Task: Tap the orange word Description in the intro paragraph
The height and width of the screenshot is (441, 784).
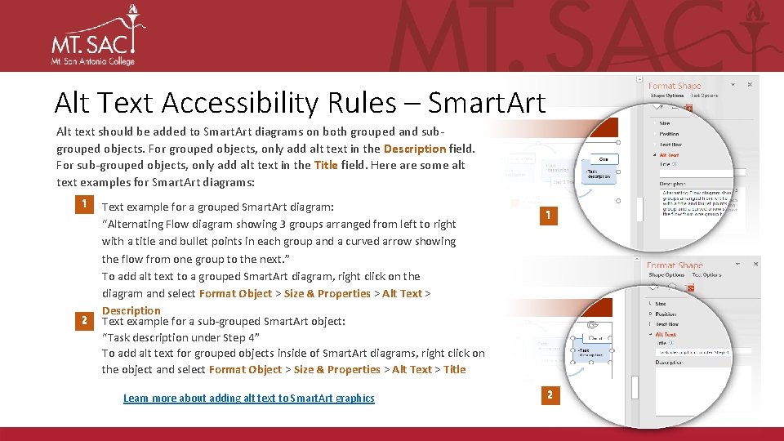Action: pyautogui.click(x=414, y=149)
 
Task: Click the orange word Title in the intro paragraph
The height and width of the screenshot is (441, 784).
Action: pyautogui.click(x=326, y=165)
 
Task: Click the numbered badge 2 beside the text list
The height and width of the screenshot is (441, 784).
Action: pyautogui.click(x=83, y=320)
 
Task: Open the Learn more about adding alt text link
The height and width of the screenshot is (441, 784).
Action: pyautogui.click(x=248, y=398)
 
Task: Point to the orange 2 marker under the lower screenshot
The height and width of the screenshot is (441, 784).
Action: pyautogui.click(x=550, y=395)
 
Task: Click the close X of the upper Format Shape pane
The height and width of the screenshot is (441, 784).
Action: pyautogui.click(x=749, y=83)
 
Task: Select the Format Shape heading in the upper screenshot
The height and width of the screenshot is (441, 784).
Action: pyautogui.click(x=674, y=86)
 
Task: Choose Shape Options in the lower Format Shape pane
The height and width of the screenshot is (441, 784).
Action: pyautogui.click(x=666, y=275)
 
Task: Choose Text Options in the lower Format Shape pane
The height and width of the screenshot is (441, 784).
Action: pyautogui.click(x=707, y=275)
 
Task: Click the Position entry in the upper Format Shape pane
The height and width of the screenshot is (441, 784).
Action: pyautogui.click(x=669, y=134)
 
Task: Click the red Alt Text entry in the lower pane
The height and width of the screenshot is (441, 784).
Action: pyautogui.click(x=666, y=334)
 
